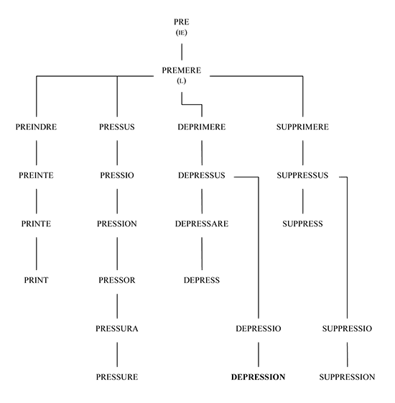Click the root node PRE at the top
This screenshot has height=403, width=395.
point(182,22)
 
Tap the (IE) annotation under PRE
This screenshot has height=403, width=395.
point(182,32)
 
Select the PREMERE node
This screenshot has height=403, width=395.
point(182,70)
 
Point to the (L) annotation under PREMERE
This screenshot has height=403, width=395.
point(182,81)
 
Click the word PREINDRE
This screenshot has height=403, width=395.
point(36,127)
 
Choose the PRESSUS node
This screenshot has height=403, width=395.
point(117,127)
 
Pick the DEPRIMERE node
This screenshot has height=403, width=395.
point(202,127)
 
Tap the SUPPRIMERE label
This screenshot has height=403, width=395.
point(303,127)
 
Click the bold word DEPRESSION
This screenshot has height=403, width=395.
point(259,377)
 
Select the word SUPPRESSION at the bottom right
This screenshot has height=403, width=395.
point(347,377)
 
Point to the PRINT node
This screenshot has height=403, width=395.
point(36,280)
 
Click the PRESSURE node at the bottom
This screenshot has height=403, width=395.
point(117,377)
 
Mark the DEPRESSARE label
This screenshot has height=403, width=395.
point(202,224)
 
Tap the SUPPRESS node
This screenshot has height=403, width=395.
point(303,224)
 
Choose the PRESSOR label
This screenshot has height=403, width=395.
point(117,280)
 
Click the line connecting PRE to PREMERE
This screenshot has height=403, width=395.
point(182,52)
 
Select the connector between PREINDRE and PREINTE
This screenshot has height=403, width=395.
point(36,153)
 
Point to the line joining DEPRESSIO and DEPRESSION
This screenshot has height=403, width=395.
point(259,354)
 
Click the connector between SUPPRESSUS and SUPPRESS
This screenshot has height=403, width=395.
point(303,201)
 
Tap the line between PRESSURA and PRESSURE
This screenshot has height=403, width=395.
point(117,354)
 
